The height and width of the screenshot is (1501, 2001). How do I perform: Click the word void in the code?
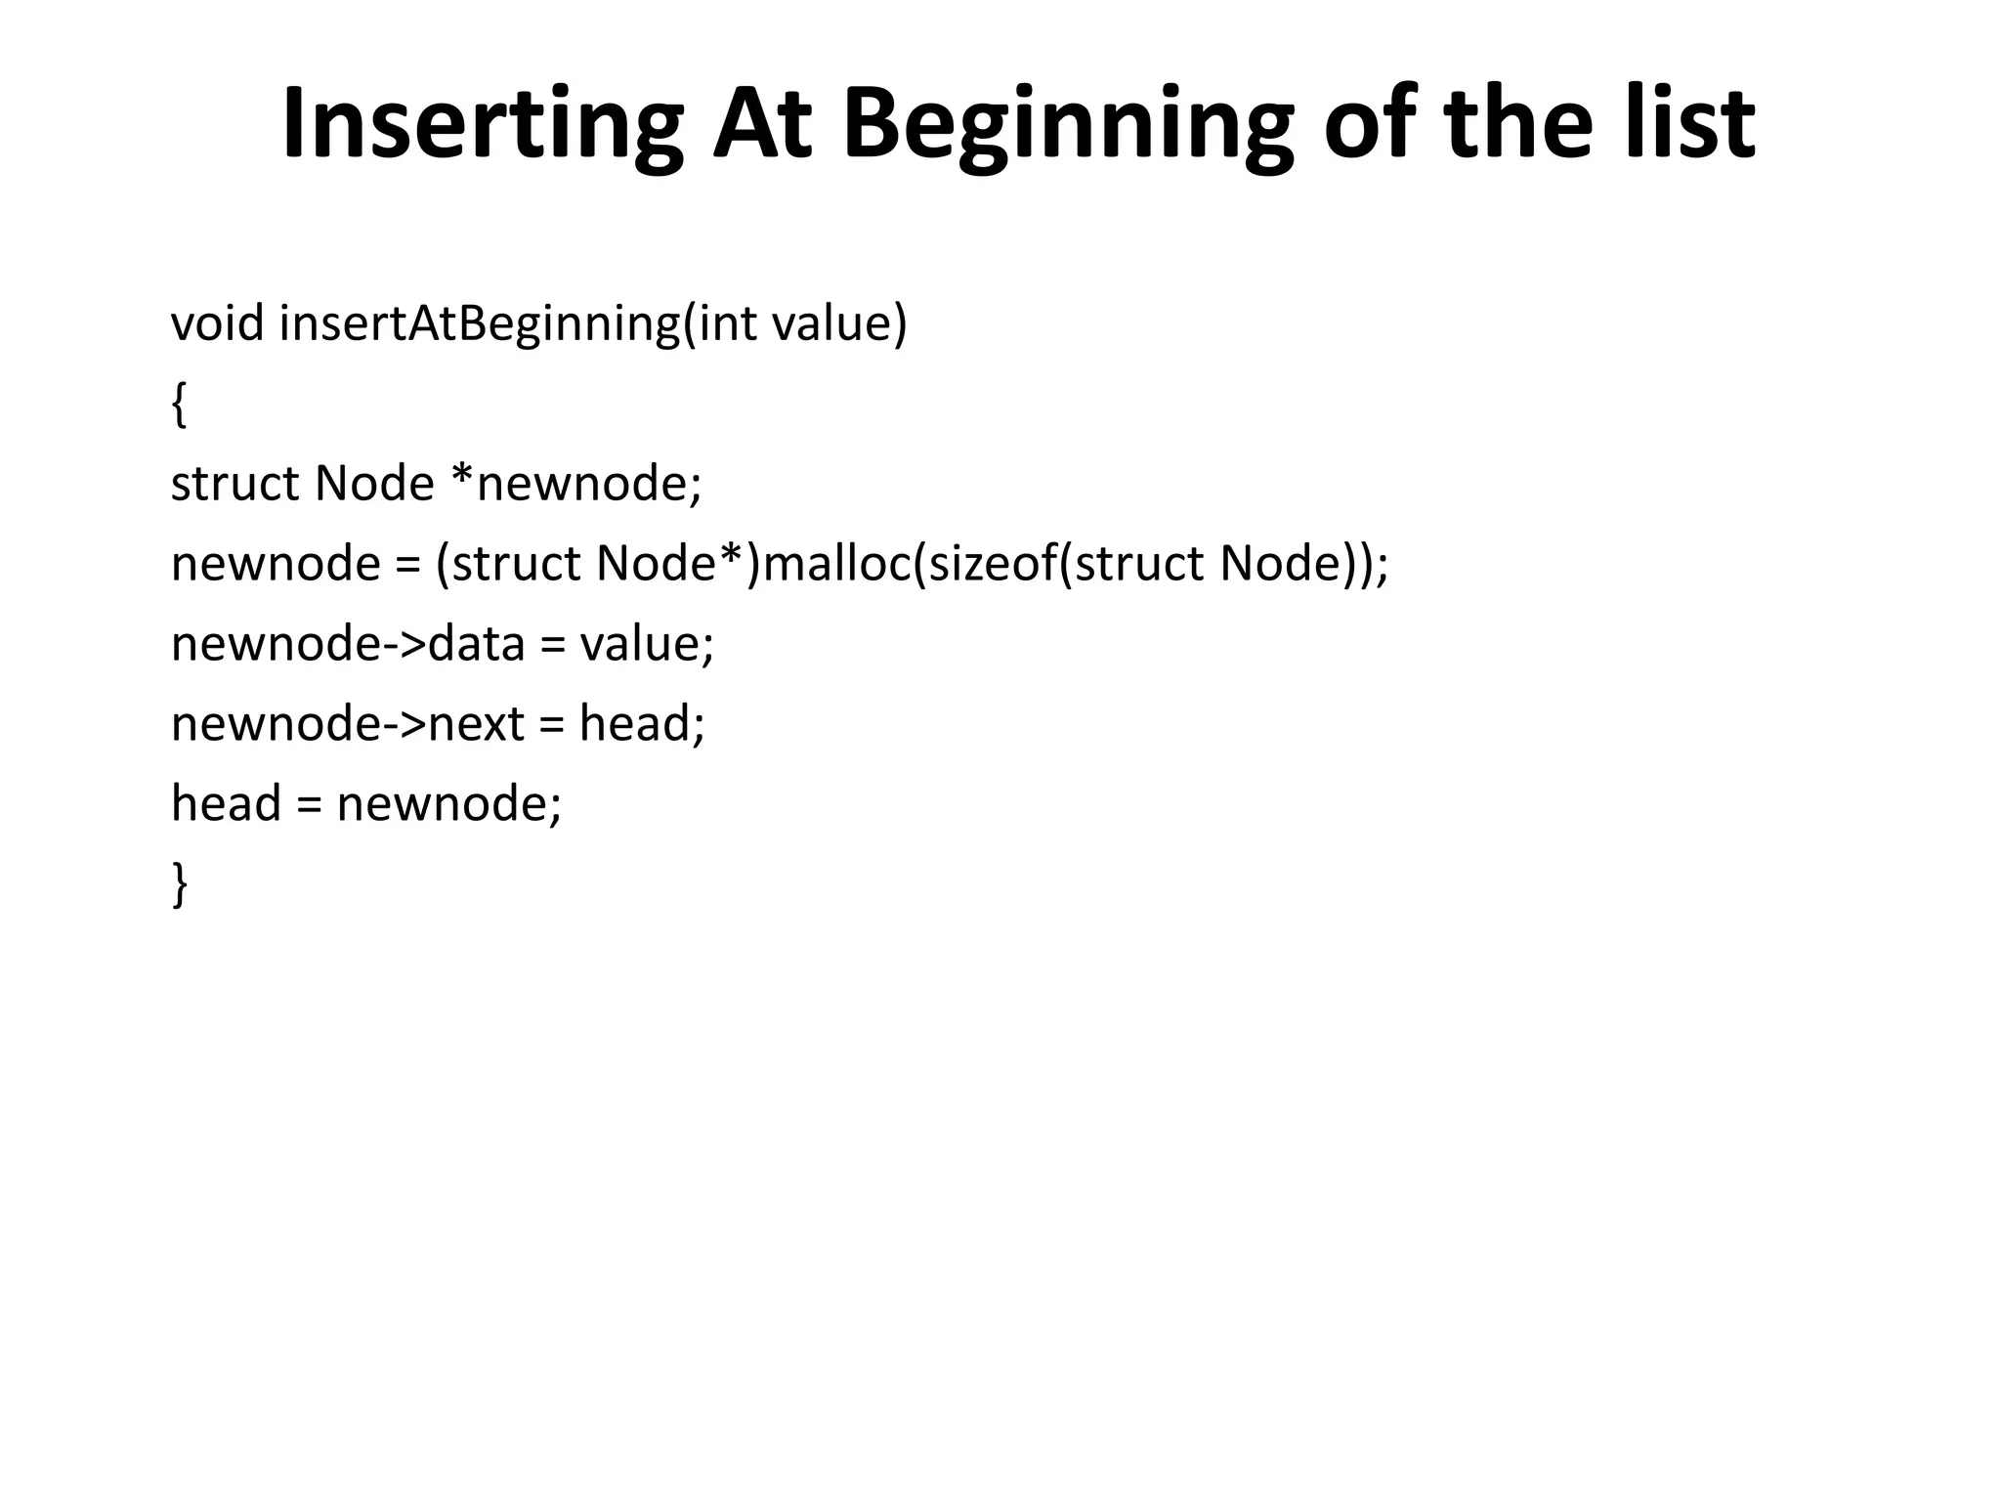(x=217, y=323)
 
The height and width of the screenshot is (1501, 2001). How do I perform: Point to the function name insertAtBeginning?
(x=479, y=323)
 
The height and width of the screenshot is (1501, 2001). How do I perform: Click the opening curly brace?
(x=179, y=405)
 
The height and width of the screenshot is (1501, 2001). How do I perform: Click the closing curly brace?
(x=179, y=884)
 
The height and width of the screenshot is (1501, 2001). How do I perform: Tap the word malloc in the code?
(x=836, y=564)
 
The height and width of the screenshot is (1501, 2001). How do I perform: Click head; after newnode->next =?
(x=642, y=724)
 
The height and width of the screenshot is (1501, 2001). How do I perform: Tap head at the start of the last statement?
(x=226, y=804)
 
